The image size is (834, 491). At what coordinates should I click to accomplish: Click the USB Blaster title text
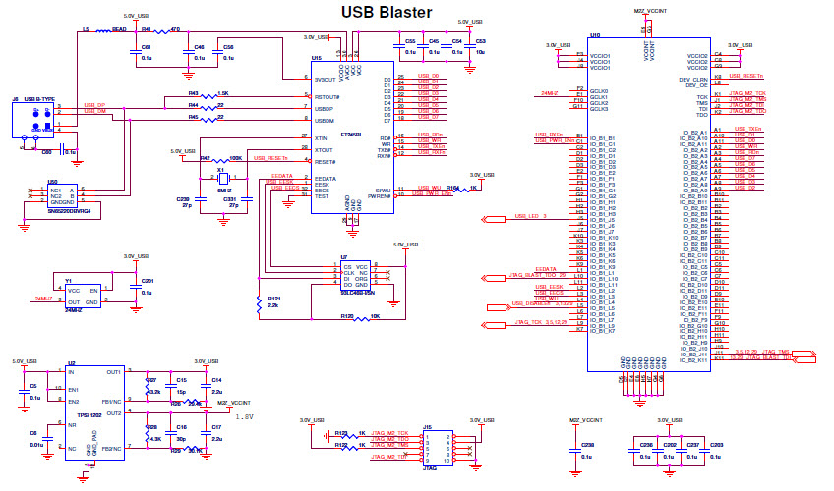tap(386, 12)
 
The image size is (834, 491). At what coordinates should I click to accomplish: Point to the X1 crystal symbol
tap(222, 180)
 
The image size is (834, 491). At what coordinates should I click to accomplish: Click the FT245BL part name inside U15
tap(351, 135)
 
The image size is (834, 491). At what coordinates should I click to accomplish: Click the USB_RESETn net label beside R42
tap(270, 158)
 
